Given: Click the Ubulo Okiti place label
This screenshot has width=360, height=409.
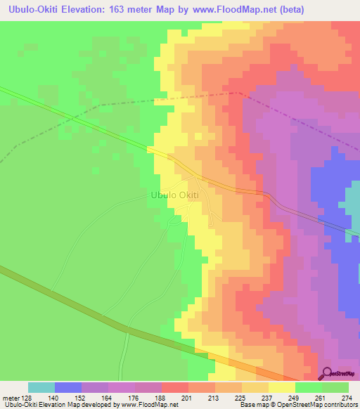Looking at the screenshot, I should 175,195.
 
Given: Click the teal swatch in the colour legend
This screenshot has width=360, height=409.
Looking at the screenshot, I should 41,387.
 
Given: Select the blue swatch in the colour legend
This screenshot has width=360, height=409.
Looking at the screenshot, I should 68,387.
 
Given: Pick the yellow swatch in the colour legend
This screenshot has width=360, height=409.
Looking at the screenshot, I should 282,387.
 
